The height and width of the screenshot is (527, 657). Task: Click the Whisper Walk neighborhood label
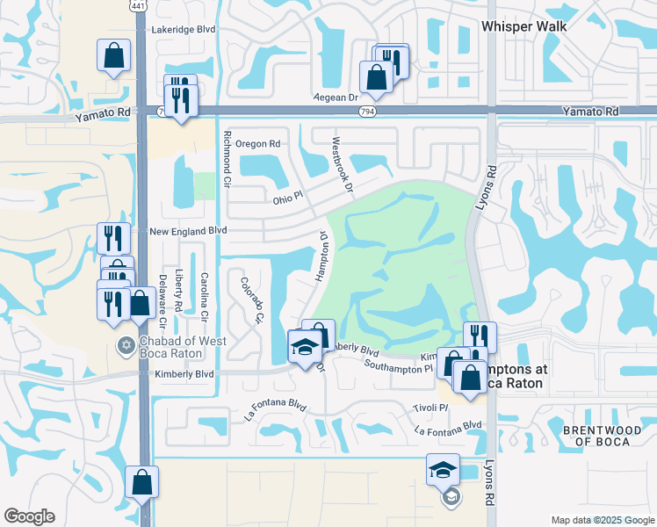[x=523, y=26]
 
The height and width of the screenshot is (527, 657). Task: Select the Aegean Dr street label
[x=337, y=98]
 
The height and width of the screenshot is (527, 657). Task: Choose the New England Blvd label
[x=188, y=231]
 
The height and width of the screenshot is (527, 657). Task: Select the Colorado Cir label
[x=252, y=298]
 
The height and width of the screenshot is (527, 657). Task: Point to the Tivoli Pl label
[x=431, y=408]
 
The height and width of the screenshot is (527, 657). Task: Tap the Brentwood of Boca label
[x=596, y=435]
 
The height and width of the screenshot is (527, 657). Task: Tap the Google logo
[x=29, y=516]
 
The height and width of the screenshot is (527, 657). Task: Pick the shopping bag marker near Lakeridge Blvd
[x=114, y=56]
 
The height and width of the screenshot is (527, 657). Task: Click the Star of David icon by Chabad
[x=126, y=343]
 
